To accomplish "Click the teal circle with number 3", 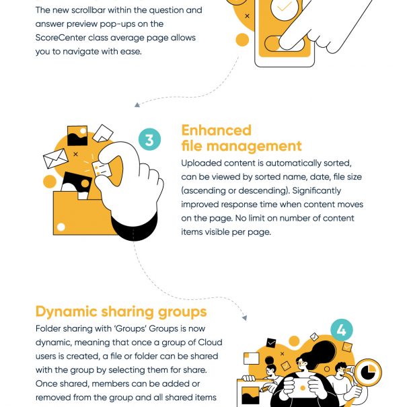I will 149,140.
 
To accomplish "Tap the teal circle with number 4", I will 342,330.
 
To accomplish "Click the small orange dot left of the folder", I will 49,182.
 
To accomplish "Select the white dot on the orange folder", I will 61,227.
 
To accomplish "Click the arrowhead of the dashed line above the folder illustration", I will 137,105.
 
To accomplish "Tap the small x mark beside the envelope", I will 75,155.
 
